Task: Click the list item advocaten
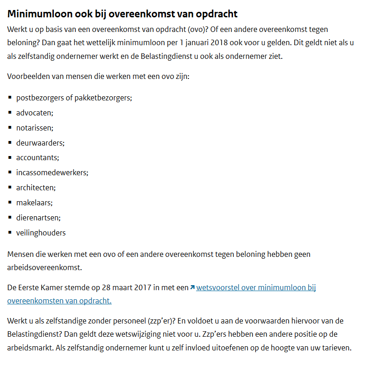(35, 113)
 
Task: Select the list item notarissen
(35, 128)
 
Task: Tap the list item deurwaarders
(40, 143)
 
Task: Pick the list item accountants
(38, 157)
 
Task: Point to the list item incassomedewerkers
(52, 172)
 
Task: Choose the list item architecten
(36, 188)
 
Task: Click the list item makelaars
(34, 203)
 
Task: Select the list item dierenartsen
(38, 218)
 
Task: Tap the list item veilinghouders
(41, 233)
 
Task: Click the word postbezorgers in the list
(39, 98)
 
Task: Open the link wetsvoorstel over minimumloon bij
(256, 288)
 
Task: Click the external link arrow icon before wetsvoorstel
(192, 287)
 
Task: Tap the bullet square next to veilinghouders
(10, 233)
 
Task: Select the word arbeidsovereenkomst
(44, 267)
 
